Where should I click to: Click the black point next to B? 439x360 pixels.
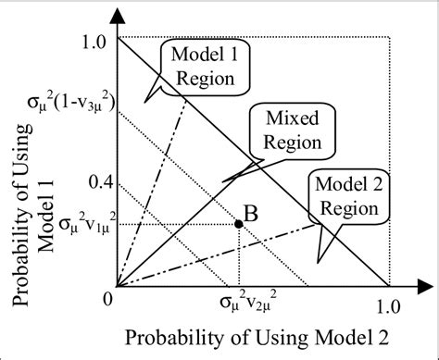point(239,223)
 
